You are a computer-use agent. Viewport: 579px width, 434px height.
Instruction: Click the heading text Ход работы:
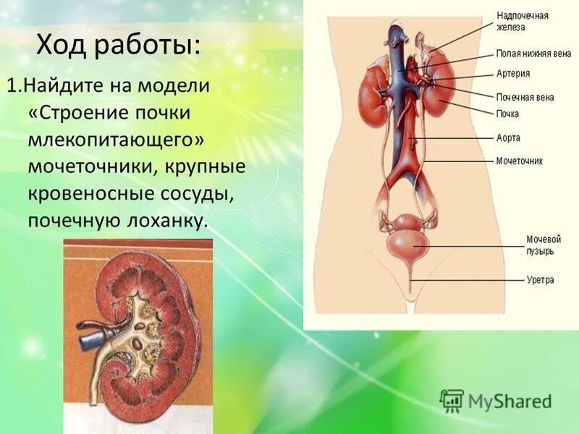119,46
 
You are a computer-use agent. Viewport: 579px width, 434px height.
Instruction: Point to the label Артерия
513,73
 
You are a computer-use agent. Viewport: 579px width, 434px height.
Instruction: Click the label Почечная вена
525,97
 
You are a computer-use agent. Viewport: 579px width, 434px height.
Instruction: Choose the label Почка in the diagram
507,114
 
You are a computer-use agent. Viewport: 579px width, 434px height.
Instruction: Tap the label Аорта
508,137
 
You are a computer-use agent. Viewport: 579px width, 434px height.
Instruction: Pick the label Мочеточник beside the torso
520,161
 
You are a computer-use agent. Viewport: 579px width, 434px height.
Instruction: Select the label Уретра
540,279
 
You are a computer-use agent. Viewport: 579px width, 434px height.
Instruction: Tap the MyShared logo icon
452,400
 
